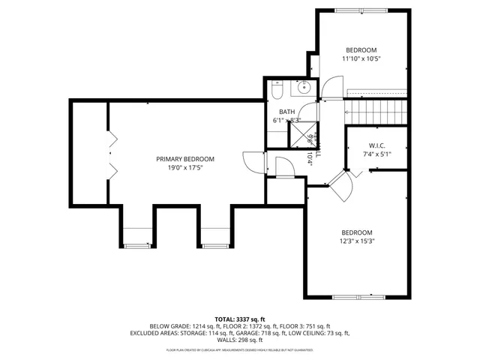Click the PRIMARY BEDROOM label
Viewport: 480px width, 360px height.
(185, 159)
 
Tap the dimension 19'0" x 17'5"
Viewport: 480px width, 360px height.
(185, 169)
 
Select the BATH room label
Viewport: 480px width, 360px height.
(277, 111)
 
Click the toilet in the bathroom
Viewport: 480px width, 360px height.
(277, 91)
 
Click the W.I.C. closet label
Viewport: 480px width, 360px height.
(377, 145)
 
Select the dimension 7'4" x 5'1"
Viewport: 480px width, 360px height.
(377, 154)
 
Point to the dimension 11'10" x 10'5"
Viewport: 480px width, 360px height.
(361, 58)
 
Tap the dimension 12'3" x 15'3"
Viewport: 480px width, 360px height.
(357, 241)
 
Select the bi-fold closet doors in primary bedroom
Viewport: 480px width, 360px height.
(112, 154)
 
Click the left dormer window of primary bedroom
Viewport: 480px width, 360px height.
(136, 244)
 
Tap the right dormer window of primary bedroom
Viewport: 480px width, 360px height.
(213, 244)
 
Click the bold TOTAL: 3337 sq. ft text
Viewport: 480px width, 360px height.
(240, 319)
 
